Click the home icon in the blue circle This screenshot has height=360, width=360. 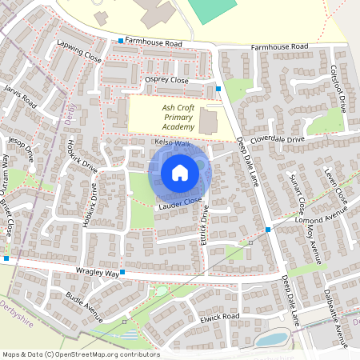coord(179,172)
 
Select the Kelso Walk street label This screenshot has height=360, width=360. coord(172,143)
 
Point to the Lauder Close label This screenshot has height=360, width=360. coord(175,206)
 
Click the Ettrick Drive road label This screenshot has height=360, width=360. coord(205,227)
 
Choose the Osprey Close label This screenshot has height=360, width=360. coord(166,81)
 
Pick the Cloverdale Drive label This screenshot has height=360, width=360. coord(278,139)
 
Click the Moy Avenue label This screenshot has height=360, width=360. coord(313,244)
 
